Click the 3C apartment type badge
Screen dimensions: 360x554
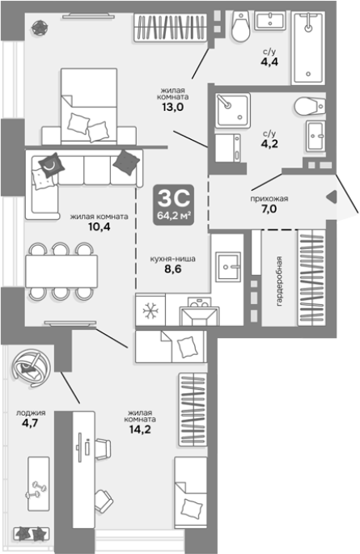(x=173, y=205)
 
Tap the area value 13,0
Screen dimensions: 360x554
(x=173, y=107)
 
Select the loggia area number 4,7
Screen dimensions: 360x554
(x=30, y=422)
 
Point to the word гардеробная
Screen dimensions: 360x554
(x=279, y=281)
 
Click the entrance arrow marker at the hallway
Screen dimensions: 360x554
(x=332, y=197)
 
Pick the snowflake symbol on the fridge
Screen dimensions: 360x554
(x=150, y=311)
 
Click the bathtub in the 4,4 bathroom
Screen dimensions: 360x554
(x=308, y=48)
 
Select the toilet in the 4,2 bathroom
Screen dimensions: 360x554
(x=310, y=106)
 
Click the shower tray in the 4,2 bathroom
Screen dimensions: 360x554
(x=233, y=111)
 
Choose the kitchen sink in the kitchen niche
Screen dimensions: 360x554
(x=229, y=266)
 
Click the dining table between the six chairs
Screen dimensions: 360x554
(x=61, y=271)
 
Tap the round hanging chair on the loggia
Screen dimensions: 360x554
(x=31, y=366)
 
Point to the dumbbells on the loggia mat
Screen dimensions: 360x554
(x=36, y=490)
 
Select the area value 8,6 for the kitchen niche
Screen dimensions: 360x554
(x=173, y=269)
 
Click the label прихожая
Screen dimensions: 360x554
(x=269, y=199)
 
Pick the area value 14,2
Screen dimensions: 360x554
(x=140, y=429)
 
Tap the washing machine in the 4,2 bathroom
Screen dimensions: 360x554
(x=228, y=148)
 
